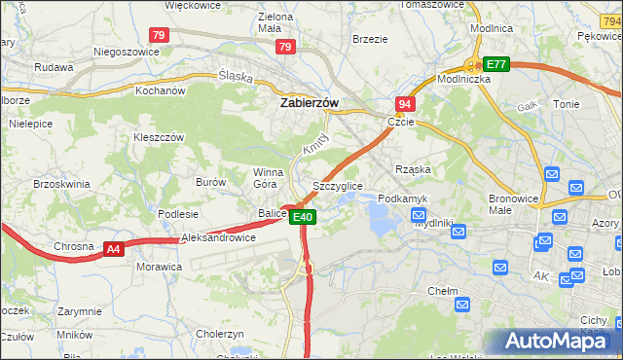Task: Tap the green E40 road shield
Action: pyautogui.click(x=304, y=217)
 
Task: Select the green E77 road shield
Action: pyautogui.click(x=496, y=64)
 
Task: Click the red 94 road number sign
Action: pyautogui.click(x=405, y=103)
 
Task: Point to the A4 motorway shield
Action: pyautogui.click(x=114, y=249)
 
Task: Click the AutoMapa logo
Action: pyautogui.click(x=556, y=341)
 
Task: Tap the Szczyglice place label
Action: pyautogui.click(x=337, y=185)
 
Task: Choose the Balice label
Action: pyautogui.click(x=272, y=213)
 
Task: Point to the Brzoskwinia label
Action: pyautogui.click(x=61, y=183)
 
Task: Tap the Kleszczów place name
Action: pyautogui.click(x=159, y=137)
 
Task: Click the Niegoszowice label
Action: pyautogui.click(x=125, y=51)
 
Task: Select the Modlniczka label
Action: pyautogui.click(x=463, y=80)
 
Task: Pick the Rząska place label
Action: pyautogui.click(x=412, y=168)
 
